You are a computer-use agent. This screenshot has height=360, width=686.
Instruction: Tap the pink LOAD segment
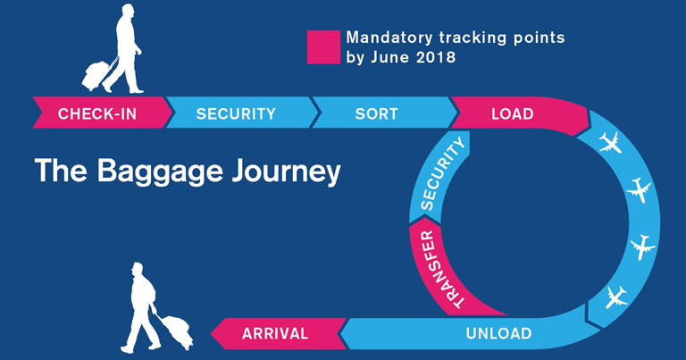point(514,114)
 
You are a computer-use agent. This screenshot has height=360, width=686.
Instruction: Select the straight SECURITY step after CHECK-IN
point(237,113)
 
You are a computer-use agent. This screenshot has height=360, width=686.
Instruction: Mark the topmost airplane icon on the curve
point(611,142)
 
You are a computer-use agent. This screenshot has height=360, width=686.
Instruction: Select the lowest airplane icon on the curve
point(616,295)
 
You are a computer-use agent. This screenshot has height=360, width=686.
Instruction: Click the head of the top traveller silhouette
point(124,13)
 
